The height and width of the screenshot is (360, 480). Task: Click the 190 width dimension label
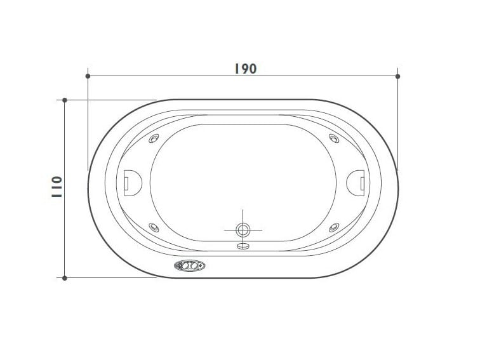coord(244,69)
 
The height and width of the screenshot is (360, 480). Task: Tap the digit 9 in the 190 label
coord(244,69)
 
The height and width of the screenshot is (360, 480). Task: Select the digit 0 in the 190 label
coord(252,69)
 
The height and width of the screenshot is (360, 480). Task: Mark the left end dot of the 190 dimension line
coord(88,76)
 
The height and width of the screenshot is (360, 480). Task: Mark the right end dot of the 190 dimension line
coord(398,76)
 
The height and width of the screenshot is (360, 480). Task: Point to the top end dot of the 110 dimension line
coord(65,100)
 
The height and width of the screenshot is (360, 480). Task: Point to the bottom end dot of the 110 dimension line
coord(65,277)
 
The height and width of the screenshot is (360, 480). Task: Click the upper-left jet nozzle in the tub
coord(153,140)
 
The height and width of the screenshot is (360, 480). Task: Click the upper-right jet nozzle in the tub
coord(333,140)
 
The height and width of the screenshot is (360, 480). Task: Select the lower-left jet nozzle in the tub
coord(153,227)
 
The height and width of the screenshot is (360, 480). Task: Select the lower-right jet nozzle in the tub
coord(333,227)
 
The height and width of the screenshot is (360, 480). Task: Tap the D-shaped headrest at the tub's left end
coord(131,183)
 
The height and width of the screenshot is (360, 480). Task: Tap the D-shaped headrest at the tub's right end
coord(356,183)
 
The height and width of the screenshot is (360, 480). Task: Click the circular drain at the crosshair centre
coord(243,229)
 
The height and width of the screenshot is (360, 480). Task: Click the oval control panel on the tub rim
coord(189,267)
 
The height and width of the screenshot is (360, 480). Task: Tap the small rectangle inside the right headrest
coord(362,183)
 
